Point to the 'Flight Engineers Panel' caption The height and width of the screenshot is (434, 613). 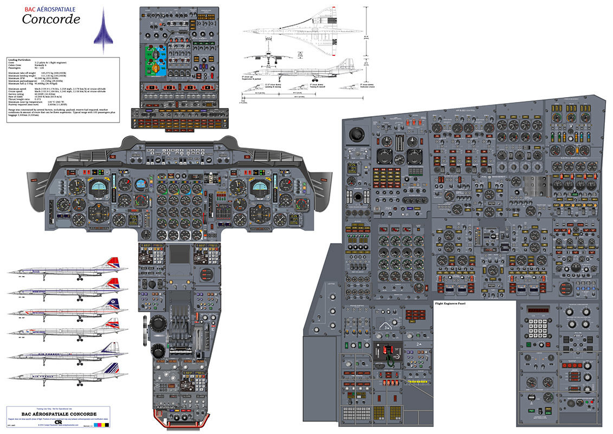click(454, 304)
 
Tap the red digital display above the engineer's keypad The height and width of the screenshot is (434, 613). click(539, 310)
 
